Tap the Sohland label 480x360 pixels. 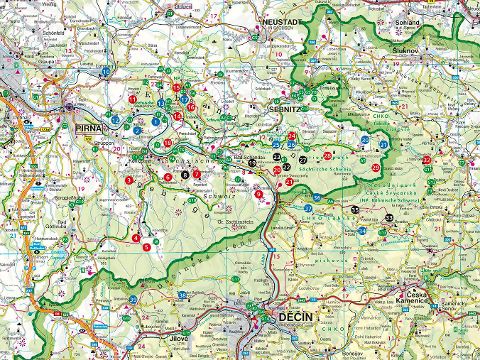coord(406,19)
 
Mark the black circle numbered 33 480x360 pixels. coord(389,217)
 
